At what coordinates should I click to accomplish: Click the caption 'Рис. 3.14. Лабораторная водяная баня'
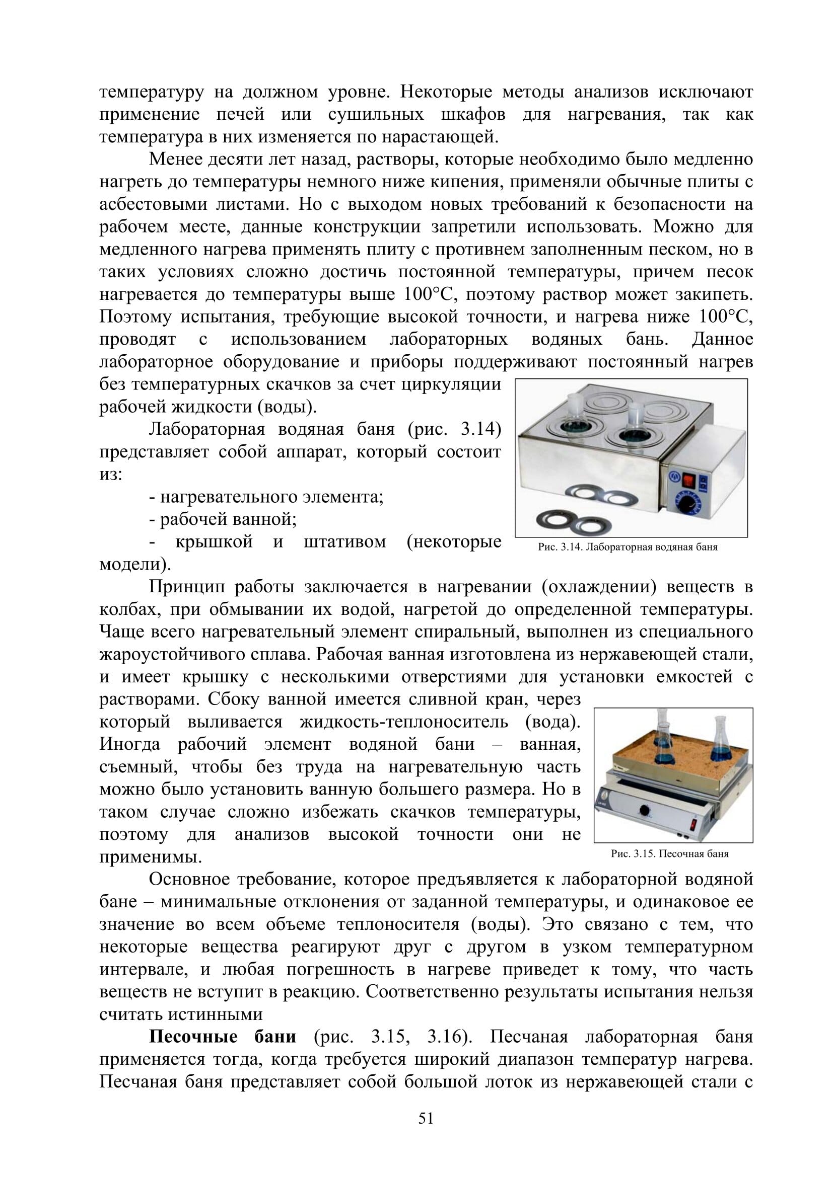(628, 547)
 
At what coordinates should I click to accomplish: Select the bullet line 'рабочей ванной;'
(228, 520)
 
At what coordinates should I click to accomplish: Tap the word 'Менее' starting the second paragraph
(175, 160)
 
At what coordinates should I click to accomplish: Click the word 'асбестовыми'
(150, 204)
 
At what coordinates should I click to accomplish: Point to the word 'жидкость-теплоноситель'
(404, 722)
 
